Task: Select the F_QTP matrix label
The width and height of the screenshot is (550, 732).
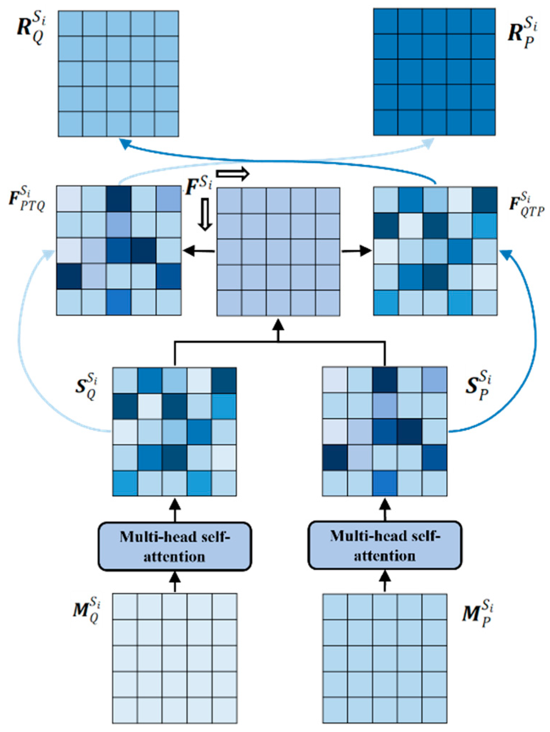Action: coord(526,206)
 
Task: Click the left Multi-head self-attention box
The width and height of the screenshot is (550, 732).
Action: coord(175,546)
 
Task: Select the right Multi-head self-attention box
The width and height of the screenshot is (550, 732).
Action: coord(385,545)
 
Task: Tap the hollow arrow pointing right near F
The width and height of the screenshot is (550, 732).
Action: coord(233,174)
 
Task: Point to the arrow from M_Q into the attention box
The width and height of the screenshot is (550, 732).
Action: coord(175,581)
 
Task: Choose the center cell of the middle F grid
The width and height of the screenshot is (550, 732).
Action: coord(278,252)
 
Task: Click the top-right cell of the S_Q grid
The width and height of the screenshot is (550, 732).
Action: coord(224,380)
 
